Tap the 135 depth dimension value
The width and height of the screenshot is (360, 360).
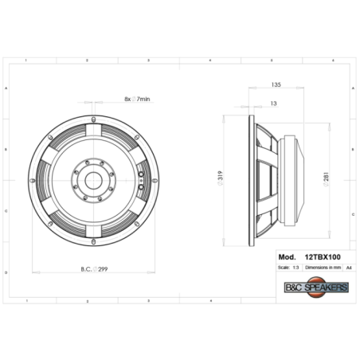pos(276,84)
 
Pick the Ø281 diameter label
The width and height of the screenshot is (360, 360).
pos(326,180)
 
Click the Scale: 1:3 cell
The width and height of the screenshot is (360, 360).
pos(291,269)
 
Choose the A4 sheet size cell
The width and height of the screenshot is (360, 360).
pos(349,269)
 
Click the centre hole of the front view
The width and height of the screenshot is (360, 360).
pos(94,178)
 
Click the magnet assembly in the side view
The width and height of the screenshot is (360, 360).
pos(295,178)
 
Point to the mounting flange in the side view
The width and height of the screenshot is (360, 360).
pos(251,178)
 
